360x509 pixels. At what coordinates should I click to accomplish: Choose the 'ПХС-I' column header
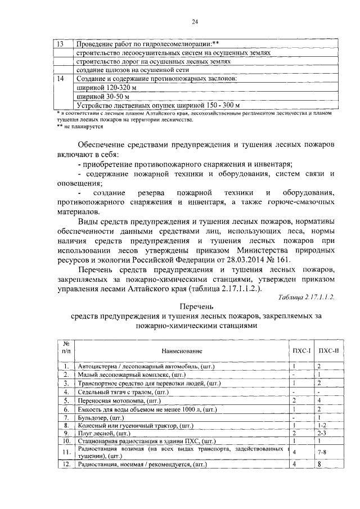[301, 350]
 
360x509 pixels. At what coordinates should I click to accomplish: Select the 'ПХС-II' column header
[326, 350]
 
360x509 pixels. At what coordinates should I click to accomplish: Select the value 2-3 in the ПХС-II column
[322, 434]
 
